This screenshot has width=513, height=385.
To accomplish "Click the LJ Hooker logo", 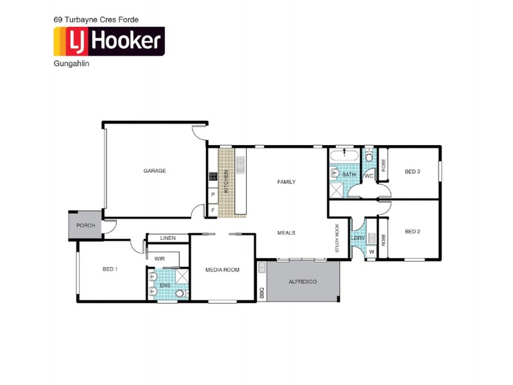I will [x=108, y=42].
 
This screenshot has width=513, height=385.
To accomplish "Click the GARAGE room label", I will [x=155, y=171].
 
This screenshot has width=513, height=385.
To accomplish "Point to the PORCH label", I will [x=85, y=226].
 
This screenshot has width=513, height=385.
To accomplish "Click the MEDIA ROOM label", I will [x=223, y=270].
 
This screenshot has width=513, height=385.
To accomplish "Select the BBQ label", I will [x=262, y=292].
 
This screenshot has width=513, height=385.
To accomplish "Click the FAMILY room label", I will [x=286, y=182].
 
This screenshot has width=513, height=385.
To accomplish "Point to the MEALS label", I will [x=286, y=233].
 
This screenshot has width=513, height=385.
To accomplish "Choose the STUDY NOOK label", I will [x=337, y=238].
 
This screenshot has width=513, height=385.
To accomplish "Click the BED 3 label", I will [x=412, y=171].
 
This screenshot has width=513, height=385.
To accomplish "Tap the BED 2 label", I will [x=412, y=232].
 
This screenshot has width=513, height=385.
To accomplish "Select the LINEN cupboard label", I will [x=168, y=238].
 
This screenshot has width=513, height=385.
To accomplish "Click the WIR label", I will [x=160, y=258].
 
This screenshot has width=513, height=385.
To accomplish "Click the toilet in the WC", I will [x=369, y=157].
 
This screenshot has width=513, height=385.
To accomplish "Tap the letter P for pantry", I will [x=212, y=194].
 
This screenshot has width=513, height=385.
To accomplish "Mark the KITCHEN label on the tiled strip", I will [x=226, y=182].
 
